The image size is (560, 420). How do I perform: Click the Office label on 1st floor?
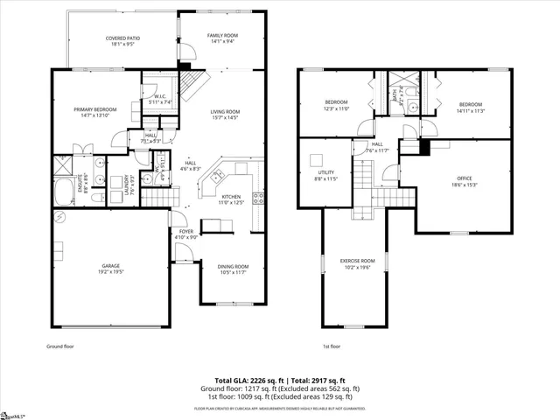pos(463,181)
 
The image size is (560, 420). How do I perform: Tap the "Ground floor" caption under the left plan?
pos(59,346)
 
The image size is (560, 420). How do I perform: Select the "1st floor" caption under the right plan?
pos(331,346)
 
